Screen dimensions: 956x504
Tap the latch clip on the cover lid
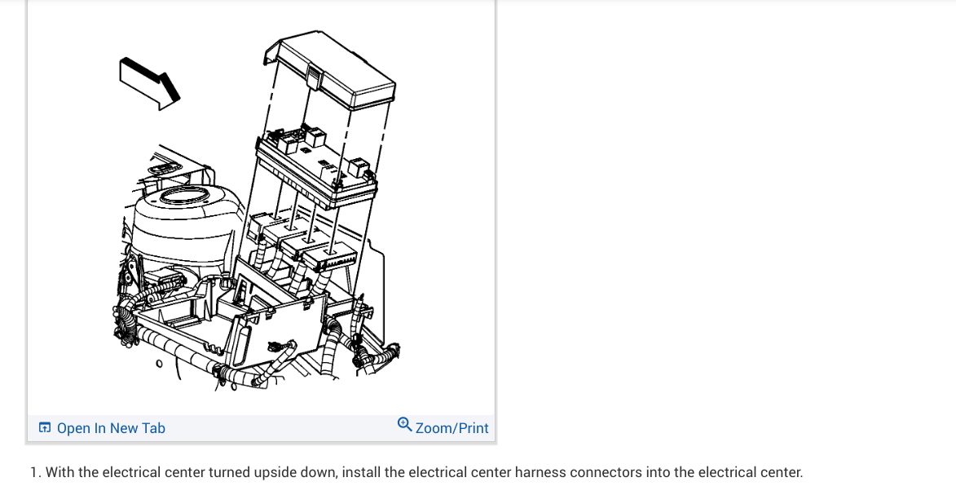click(312, 79)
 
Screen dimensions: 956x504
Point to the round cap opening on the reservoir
click(187, 197)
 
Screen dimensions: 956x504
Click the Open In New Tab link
click(111, 428)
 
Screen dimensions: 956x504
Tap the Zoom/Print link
click(452, 428)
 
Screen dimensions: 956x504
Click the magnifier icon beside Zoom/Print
click(405, 425)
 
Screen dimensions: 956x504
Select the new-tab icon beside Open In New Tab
click(45, 428)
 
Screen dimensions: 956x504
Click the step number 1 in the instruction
click(34, 472)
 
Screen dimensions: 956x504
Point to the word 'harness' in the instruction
click(540, 472)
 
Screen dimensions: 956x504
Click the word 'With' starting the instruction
click(59, 472)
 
